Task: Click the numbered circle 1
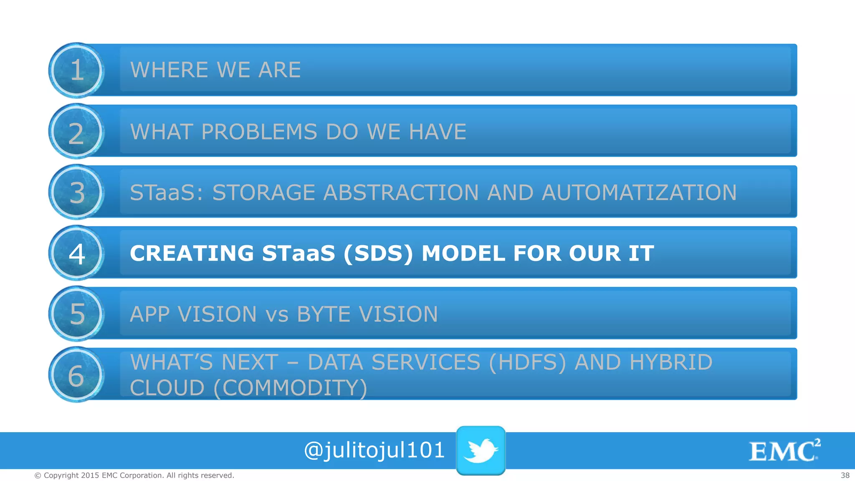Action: (76, 70)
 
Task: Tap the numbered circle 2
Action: (76, 132)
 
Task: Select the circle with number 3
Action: (76, 192)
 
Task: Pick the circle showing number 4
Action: (76, 253)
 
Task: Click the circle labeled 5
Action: (76, 314)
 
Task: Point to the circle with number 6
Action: (76, 375)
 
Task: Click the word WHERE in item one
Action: (169, 70)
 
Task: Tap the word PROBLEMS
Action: (259, 132)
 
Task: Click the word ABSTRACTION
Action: (401, 192)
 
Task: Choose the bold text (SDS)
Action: (378, 253)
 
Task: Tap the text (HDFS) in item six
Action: (527, 362)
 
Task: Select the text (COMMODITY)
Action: (290, 388)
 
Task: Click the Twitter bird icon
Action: (481, 450)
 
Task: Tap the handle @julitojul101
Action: (374, 450)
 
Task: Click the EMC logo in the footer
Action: (784, 451)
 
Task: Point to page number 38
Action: (845, 475)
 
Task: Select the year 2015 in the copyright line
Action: (90, 475)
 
